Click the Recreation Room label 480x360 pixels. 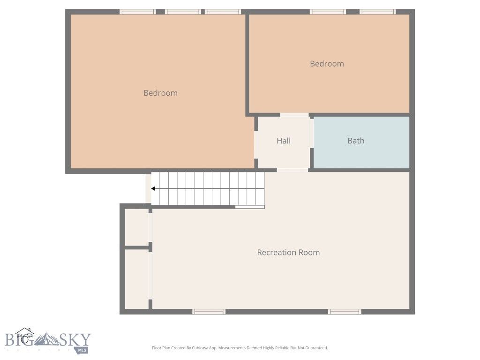[x=288, y=252]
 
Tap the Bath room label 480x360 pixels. [x=356, y=141]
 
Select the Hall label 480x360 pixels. [x=284, y=141]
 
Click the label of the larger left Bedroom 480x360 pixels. [x=160, y=93]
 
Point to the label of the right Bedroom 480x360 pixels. [x=327, y=64]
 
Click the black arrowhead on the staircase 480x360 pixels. [x=153, y=189]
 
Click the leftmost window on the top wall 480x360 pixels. [x=137, y=12]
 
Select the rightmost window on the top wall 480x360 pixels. [x=377, y=12]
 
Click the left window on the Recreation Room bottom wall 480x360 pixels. [x=209, y=311]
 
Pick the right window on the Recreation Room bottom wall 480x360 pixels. [x=345, y=311]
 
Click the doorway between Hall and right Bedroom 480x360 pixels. [x=294, y=115]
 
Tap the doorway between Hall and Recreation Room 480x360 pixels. [x=292, y=170]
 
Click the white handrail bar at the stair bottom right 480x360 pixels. [x=249, y=207]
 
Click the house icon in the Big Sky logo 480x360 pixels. [x=24, y=336]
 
